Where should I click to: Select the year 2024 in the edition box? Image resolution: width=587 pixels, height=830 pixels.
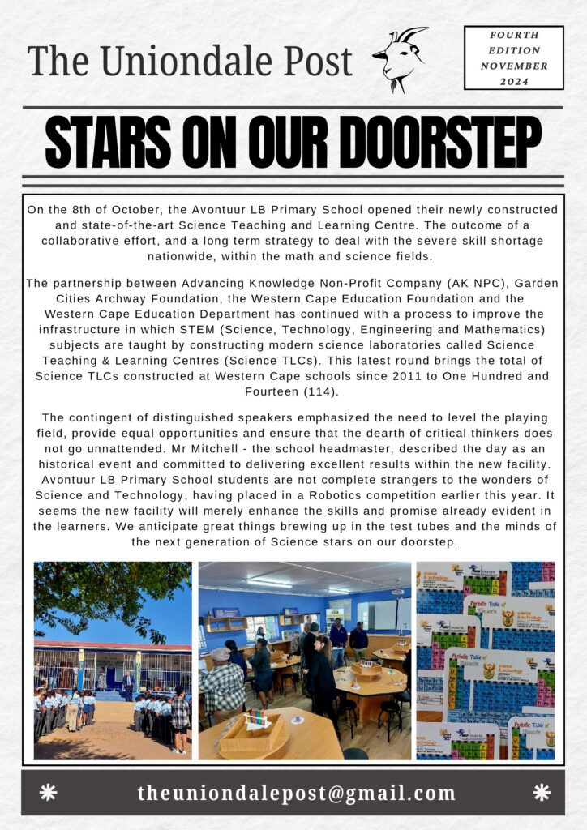tap(514, 81)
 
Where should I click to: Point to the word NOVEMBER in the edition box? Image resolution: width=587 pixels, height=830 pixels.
tap(514, 66)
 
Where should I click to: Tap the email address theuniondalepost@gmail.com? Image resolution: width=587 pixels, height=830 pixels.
tap(297, 793)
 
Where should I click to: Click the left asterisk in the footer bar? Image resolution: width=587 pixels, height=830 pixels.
tap(49, 793)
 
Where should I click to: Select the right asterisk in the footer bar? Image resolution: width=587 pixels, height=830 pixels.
tap(542, 793)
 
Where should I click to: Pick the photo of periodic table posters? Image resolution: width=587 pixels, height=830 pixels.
tap(485, 661)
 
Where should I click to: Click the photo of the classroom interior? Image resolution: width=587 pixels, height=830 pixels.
tap(304, 661)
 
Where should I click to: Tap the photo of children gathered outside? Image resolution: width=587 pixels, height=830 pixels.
tap(113, 661)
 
